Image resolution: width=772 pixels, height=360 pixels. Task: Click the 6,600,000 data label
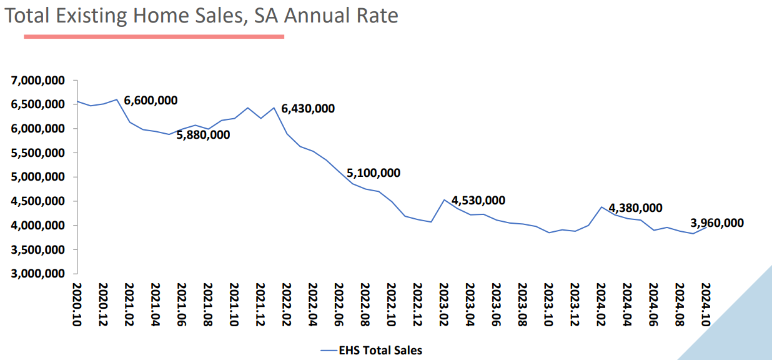tap(151, 101)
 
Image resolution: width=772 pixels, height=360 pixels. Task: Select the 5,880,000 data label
tap(203, 135)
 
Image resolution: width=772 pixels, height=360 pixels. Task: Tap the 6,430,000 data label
tap(308, 109)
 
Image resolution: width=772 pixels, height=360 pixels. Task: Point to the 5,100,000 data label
tap(374, 173)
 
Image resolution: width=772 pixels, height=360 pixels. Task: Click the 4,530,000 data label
tap(478, 201)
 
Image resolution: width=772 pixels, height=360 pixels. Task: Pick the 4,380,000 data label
tap(635, 208)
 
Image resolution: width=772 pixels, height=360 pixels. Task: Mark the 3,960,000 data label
tap(717, 223)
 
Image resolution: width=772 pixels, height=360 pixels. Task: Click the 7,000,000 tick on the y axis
tap(37, 81)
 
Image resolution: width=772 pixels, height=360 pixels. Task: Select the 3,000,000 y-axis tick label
tap(37, 274)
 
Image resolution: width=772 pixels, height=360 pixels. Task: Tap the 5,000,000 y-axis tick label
tap(37, 177)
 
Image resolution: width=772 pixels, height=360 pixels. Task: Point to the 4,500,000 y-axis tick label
tap(37, 201)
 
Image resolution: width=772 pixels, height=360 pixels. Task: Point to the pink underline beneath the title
tap(154, 37)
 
